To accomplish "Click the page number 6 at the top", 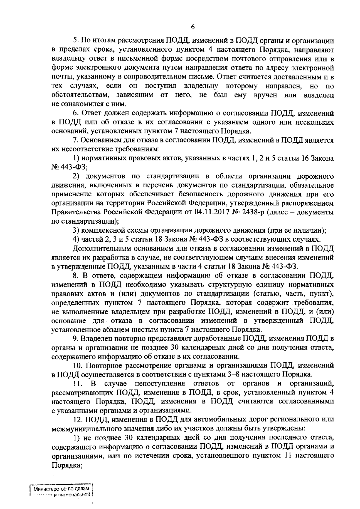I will [193, 27].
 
